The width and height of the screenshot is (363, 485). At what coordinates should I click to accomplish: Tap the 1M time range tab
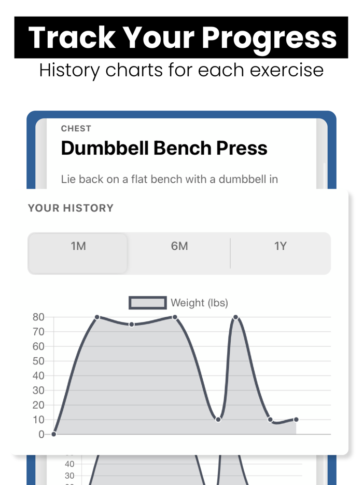click(x=78, y=246)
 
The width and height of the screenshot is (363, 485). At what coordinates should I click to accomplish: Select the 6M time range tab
click(x=179, y=246)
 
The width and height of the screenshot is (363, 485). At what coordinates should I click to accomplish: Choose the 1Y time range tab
click(x=280, y=246)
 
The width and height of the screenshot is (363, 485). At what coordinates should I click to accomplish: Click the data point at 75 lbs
click(x=132, y=325)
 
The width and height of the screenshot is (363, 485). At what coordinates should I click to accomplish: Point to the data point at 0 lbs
click(x=54, y=434)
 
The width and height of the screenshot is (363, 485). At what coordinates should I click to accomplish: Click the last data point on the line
click(x=296, y=419)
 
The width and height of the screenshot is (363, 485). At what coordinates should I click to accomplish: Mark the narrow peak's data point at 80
click(x=235, y=317)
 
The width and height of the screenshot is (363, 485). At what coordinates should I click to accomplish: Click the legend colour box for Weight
click(x=148, y=303)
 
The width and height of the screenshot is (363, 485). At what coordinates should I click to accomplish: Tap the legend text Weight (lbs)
click(x=199, y=303)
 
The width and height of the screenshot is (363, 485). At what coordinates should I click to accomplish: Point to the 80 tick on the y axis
click(x=38, y=317)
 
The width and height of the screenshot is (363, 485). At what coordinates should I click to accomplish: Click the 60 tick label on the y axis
click(x=38, y=346)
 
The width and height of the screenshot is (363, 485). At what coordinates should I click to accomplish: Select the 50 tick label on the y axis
click(x=38, y=361)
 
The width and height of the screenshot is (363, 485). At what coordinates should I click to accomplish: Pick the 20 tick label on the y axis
click(x=38, y=405)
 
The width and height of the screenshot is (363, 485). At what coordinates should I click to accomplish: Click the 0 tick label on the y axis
click(x=41, y=435)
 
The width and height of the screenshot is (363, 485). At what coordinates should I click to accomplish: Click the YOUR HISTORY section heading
click(x=71, y=208)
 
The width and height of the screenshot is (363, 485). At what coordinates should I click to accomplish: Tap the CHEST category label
click(x=76, y=129)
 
